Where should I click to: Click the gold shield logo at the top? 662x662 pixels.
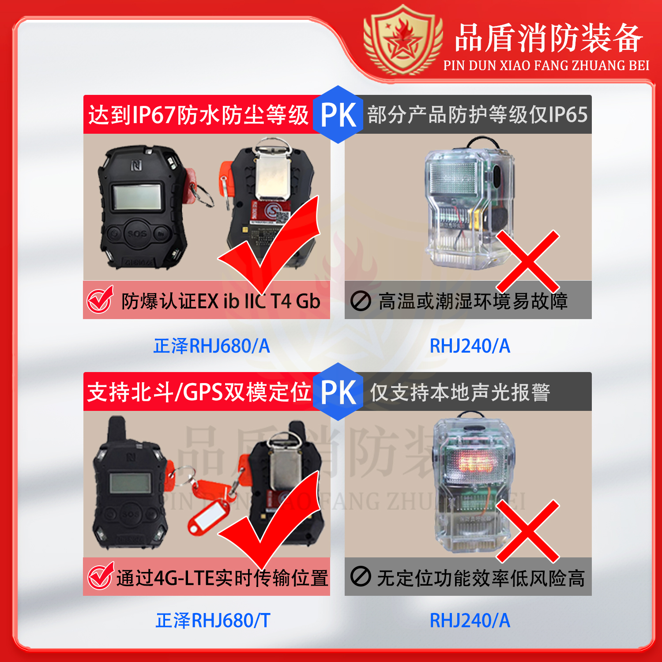click(x=403, y=41)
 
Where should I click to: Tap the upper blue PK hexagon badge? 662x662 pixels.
click(x=338, y=115)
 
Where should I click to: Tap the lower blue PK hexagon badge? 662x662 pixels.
click(x=338, y=392)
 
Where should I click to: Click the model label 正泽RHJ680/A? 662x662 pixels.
click(x=211, y=346)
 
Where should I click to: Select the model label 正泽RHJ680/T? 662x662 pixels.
click(x=213, y=621)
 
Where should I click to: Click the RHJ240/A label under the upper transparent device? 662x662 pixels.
click(x=470, y=346)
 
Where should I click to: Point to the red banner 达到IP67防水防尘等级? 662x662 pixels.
click(x=199, y=115)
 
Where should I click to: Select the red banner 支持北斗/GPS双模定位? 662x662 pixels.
click(x=199, y=392)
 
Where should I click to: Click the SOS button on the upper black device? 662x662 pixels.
click(x=137, y=233)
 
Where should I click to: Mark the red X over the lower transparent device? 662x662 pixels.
click(x=527, y=531)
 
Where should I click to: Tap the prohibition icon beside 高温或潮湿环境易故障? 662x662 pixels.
click(x=361, y=301)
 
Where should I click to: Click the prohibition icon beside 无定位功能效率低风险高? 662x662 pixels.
click(x=361, y=577)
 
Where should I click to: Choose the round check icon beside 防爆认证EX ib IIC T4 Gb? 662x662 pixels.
click(x=100, y=301)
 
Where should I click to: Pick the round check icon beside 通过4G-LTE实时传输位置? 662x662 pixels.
click(x=101, y=576)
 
